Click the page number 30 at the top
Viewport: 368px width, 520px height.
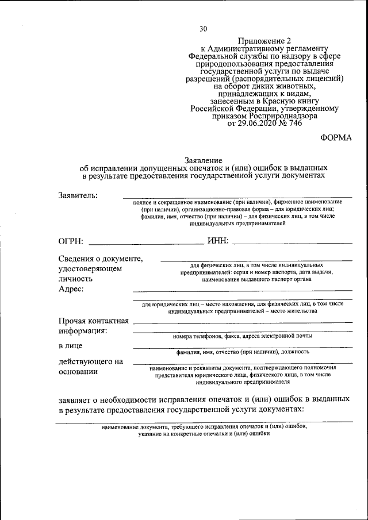coord(203,29)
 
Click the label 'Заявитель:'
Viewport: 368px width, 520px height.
coord(78,195)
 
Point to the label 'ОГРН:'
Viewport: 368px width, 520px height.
coord(71,240)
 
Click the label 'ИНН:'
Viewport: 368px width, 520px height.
coord(214,240)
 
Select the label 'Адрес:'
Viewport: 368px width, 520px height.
coord(71,289)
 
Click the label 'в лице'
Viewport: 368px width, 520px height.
coord(70,346)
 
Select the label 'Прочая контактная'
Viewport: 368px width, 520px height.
coord(94,321)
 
